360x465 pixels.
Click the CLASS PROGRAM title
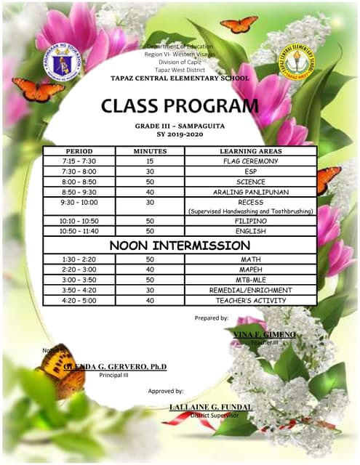click(180, 106)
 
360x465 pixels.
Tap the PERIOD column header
click(79, 151)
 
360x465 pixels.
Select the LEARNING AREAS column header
click(250, 151)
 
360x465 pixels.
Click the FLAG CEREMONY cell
click(250, 161)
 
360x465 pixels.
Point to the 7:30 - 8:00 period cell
click(79, 171)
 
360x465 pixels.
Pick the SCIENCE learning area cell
click(250, 182)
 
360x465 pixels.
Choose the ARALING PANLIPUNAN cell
click(250, 192)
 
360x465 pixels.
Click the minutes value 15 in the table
click(149, 161)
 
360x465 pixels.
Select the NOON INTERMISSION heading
click(180, 245)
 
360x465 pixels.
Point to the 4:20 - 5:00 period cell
click(79, 300)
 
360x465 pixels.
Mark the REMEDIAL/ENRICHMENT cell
click(250, 290)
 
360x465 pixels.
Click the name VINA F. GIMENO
click(265, 333)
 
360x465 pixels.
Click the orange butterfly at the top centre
click(239, 25)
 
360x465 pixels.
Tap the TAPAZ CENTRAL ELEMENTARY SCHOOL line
click(180, 77)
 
